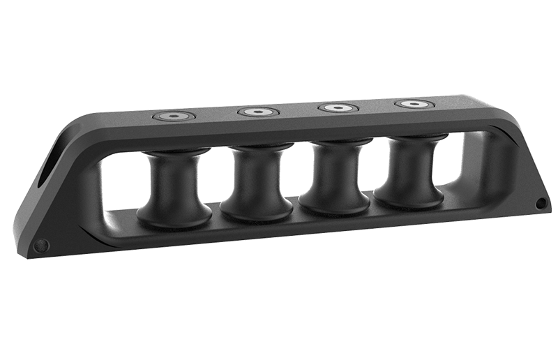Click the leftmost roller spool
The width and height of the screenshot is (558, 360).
174,188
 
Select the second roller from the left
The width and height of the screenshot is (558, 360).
257,183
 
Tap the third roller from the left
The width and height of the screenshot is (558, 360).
336,177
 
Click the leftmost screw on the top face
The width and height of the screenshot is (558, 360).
174,116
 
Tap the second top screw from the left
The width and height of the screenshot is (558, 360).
258,112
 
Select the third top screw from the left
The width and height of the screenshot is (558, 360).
338,108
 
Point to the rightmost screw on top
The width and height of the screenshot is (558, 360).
414,105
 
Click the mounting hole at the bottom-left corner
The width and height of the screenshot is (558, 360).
40,245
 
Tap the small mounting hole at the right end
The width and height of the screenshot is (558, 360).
541,203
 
